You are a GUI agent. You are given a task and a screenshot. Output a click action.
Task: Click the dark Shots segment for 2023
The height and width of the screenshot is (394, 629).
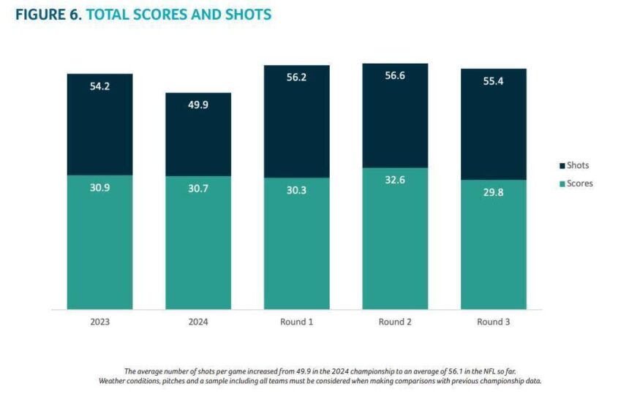[x=99, y=124]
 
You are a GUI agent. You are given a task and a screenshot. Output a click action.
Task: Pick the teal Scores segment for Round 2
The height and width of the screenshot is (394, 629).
[x=395, y=240]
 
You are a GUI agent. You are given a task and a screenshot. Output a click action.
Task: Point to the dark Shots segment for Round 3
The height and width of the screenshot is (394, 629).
[x=494, y=124]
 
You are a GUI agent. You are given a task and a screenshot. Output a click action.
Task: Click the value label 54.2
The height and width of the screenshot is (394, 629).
[x=99, y=85]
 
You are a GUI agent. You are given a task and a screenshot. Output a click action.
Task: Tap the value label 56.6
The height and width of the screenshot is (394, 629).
[x=395, y=75]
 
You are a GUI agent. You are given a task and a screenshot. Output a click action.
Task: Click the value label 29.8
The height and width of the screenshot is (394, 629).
[x=494, y=192]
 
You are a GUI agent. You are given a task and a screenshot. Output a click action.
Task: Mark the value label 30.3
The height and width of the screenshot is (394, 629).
[x=297, y=189]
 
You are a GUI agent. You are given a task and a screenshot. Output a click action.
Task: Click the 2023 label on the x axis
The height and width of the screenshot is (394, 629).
[x=99, y=322]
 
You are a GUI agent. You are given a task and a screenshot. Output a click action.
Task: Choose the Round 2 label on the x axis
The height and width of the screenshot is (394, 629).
[x=395, y=322]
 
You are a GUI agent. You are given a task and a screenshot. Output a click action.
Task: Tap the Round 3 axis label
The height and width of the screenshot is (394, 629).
[x=494, y=322]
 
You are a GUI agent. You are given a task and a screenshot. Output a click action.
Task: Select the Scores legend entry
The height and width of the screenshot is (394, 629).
[x=579, y=183]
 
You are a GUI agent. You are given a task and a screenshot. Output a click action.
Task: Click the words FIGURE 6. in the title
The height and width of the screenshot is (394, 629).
[x=48, y=14]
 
